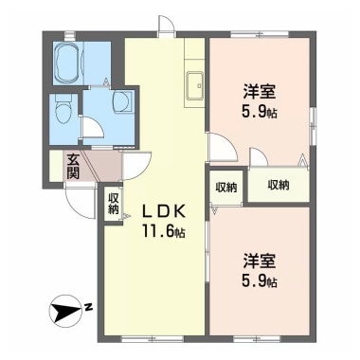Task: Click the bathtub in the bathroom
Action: pyautogui.click(x=68, y=63)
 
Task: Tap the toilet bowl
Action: pyautogui.click(x=63, y=110)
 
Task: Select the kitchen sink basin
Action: pyautogui.click(x=195, y=85)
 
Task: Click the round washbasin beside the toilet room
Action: pyautogui.click(x=122, y=101)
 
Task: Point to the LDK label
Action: pyautogui.click(x=163, y=212)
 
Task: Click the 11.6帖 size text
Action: pyautogui.click(x=164, y=231)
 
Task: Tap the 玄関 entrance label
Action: pyautogui.click(x=73, y=167)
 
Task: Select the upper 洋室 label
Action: pyautogui.click(x=260, y=92)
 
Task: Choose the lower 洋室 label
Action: pyautogui.click(x=260, y=261)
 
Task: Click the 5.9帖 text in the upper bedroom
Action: pyautogui.click(x=260, y=111)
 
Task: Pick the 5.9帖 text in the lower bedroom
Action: pyautogui.click(x=260, y=280)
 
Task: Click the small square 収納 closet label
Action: pyautogui.click(x=226, y=188)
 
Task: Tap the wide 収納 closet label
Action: pyautogui.click(x=279, y=185)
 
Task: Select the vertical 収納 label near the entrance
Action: pyautogui.click(x=114, y=204)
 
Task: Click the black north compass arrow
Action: pyautogui.click(x=65, y=310)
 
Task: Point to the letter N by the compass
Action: pyautogui.click(x=89, y=306)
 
